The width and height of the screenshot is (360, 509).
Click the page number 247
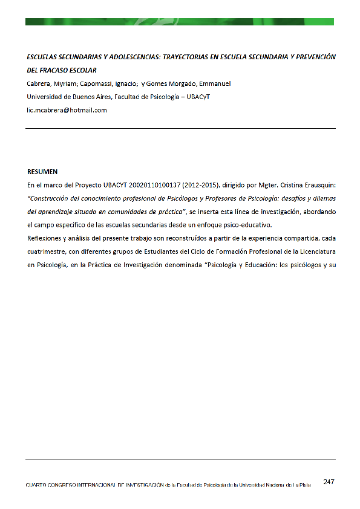(329, 482)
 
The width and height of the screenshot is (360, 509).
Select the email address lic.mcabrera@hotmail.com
(67, 110)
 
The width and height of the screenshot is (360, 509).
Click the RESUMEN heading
(42, 172)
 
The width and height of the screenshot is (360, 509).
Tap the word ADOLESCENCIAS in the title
(128, 57)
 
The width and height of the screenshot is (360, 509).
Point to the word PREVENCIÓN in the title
(315, 57)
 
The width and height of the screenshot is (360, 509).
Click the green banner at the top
(180, 22)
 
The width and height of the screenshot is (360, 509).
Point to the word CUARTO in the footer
(38, 486)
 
